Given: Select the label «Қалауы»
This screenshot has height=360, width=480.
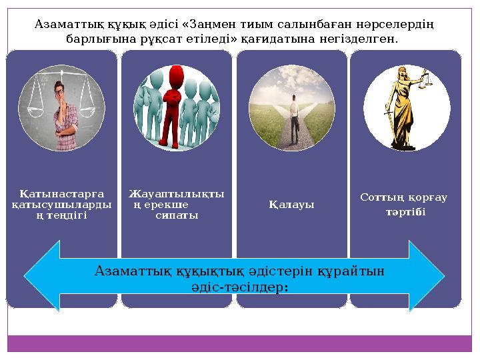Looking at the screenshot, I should pyautogui.click(x=291, y=204).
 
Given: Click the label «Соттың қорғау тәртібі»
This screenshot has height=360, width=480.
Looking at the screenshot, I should pyautogui.click(x=404, y=205).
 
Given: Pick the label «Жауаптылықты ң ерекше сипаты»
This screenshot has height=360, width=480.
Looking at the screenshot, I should pyautogui.click(x=176, y=205).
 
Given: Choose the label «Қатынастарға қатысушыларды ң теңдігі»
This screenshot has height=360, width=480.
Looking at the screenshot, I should pyautogui.click(x=61, y=205).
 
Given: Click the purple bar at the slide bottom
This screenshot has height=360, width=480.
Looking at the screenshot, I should pyautogui.click(x=240, y=343).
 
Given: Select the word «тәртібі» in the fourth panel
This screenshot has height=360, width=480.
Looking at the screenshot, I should pyautogui.click(x=404, y=211).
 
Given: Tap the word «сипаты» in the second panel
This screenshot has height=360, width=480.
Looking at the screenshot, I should pyautogui.click(x=176, y=216).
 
